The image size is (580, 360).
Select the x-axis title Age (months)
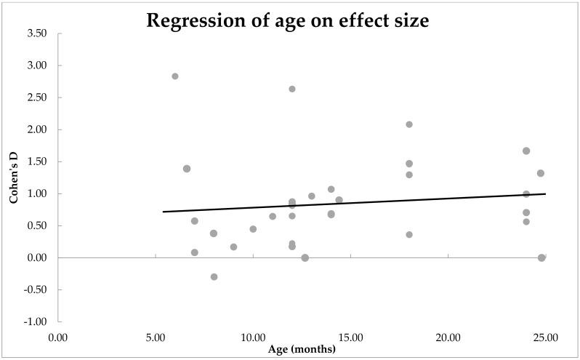tap(302, 349)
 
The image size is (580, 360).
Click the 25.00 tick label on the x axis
tap(545, 337)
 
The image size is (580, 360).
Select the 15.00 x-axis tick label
tap(350, 337)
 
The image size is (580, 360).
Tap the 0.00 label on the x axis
tap(57, 337)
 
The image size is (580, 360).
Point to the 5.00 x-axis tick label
tap(156, 337)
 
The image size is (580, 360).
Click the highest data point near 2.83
tap(175, 76)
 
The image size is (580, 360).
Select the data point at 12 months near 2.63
tap(292, 89)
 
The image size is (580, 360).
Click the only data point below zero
tap(214, 276)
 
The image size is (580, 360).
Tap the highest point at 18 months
tap(409, 124)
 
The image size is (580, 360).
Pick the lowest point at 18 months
tap(409, 234)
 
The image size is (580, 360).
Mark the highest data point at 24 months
tap(526, 151)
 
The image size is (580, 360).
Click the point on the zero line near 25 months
tap(541, 257)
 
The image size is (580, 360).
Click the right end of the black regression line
tap(545, 193)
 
